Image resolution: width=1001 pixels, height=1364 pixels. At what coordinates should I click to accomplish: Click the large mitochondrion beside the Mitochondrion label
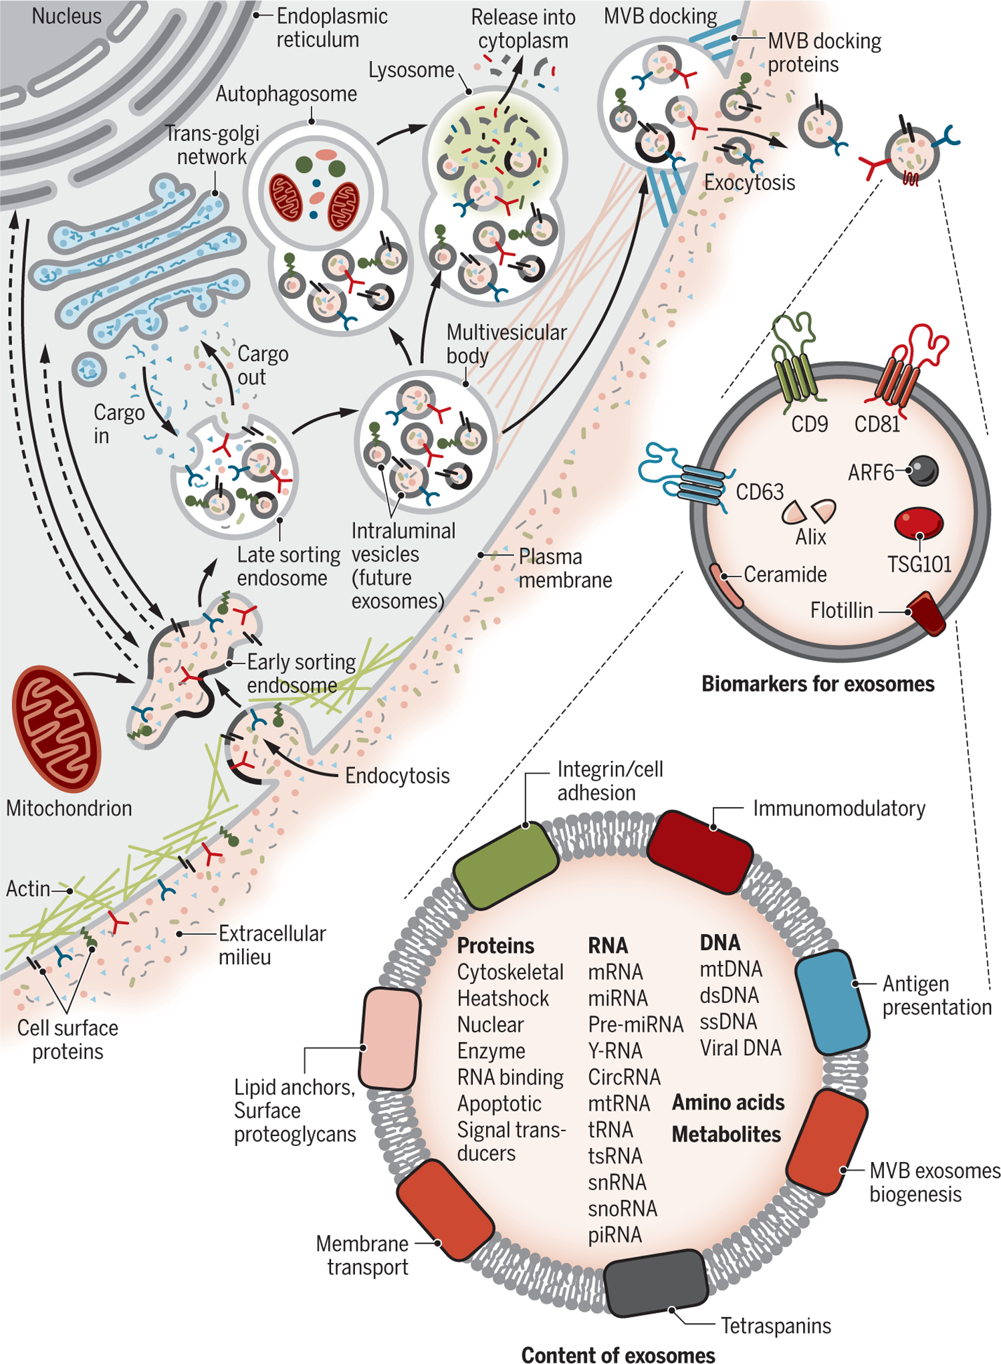point(56,727)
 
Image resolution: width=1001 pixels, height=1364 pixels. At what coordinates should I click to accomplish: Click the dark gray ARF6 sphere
point(923,470)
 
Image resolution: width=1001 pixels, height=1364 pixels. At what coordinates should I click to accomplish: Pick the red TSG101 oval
point(919,522)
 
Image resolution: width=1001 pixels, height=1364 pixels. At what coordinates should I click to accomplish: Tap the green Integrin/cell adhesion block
point(506,865)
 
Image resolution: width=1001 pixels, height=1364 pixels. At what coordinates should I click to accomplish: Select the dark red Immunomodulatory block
point(700,851)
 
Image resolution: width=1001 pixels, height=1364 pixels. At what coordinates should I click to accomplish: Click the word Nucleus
point(66,16)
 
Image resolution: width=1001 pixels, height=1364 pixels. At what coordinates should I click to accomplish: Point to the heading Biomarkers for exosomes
point(817,684)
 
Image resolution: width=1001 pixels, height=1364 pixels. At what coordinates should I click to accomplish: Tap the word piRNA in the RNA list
point(615,1235)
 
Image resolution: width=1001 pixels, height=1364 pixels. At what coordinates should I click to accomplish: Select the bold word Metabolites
point(726,1135)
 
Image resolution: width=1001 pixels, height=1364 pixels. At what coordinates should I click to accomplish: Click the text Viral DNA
point(740,1048)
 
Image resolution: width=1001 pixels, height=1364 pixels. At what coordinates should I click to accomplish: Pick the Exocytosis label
point(750,183)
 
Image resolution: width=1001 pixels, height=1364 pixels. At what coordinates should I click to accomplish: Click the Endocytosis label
point(397,776)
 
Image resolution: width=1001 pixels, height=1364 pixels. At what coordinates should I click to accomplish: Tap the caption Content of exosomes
point(618,1355)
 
